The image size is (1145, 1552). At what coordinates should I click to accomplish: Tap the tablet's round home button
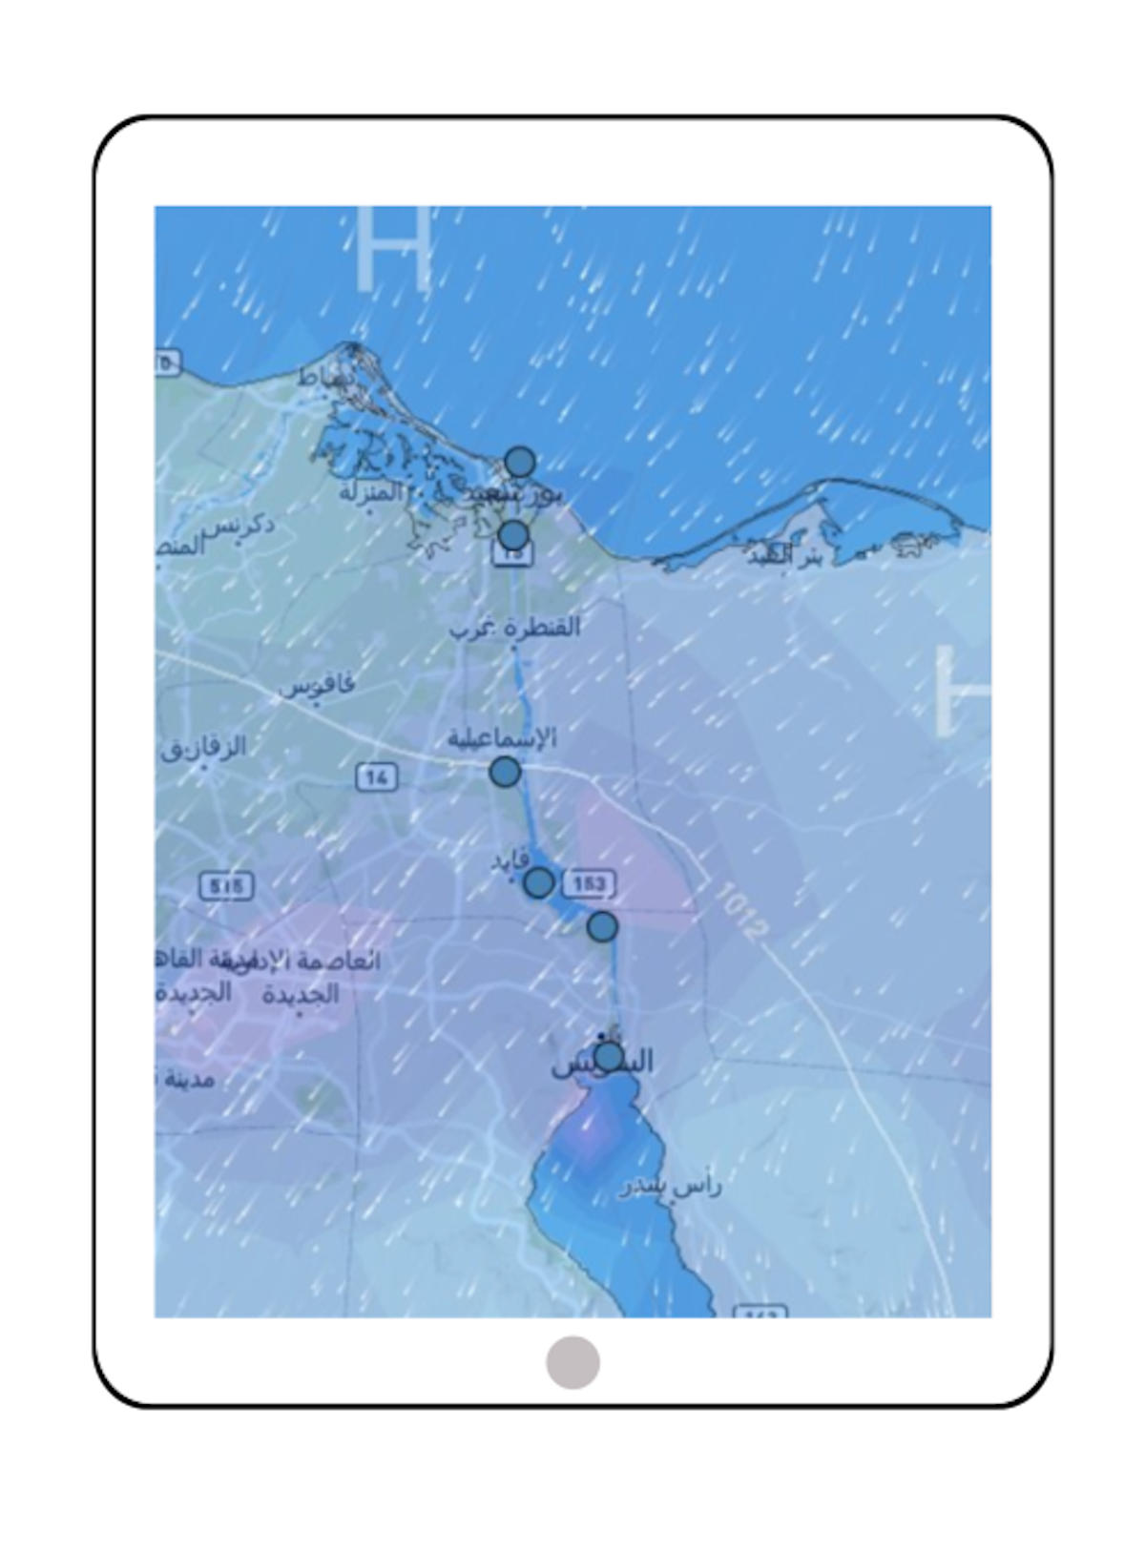(x=572, y=1362)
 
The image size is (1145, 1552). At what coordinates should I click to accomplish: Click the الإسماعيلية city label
(x=502, y=738)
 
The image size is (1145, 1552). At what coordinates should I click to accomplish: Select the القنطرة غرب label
(x=515, y=627)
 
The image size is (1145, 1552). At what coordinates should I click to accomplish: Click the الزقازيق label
(x=203, y=747)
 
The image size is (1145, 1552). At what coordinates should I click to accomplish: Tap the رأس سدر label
(x=669, y=1186)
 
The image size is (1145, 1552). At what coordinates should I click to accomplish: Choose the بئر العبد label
(x=783, y=557)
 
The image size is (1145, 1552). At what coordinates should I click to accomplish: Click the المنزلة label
(x=372, y=493)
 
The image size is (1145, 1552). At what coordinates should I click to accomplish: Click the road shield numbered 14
(x=376, y=777)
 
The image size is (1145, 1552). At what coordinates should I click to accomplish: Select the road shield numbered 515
(x=226, y=886)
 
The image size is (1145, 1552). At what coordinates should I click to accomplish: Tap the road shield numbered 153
(x=589, y=883)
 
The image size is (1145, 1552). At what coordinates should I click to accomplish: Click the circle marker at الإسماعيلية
(x=505, y=771)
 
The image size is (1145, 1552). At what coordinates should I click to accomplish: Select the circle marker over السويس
(x=609, y=1056)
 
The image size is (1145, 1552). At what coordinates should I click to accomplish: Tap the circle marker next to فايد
(x=539, y=882)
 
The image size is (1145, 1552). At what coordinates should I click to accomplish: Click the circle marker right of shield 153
(x=602, y=926)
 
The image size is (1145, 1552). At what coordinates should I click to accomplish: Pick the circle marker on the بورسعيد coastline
(x=519, y=463)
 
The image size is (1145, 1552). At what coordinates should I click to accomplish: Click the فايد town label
(x=509, y=861)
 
